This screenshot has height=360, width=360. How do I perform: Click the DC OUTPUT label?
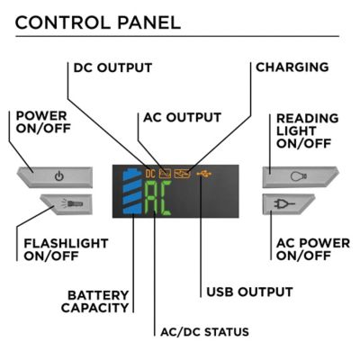tap(112, 67)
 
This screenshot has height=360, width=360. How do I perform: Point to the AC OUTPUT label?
tap(183, 117)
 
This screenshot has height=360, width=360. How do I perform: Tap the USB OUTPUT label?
tap(248, 292)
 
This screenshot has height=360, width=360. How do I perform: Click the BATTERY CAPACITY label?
tap(95, 301)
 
